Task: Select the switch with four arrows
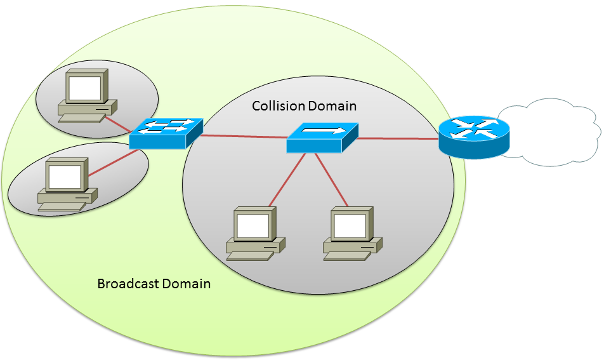[x=166, y=133]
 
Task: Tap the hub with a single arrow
[x=322, y=137]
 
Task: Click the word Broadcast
[x=128, y=284]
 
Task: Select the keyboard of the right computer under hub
[x=346, y=256]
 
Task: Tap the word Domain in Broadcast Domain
[x=186, y=284]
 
